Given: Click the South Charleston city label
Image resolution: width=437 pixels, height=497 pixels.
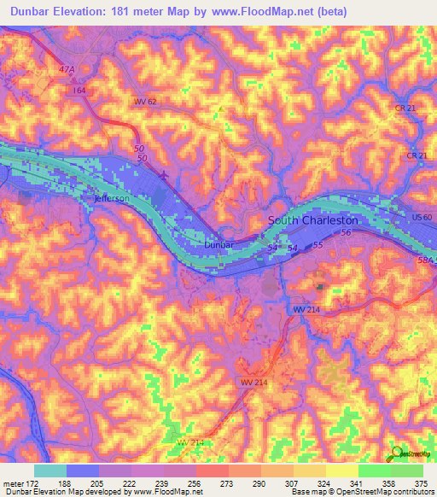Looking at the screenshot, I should [313, 220].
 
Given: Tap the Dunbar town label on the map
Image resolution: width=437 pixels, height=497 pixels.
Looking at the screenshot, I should [218, 244].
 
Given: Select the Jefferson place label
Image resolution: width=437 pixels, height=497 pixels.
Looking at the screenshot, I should [111, 198].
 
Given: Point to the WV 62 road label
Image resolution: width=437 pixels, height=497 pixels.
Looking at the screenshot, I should [146, 102].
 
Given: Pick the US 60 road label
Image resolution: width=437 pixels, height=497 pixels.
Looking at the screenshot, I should [422, 219].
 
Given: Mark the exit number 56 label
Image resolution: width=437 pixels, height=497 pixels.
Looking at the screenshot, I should [346, 232].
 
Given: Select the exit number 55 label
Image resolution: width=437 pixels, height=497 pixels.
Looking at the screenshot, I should [318, 245].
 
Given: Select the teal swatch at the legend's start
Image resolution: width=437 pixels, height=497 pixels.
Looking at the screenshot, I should [50, 471].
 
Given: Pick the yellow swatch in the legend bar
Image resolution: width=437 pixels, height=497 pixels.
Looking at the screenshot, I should [342, 471].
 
